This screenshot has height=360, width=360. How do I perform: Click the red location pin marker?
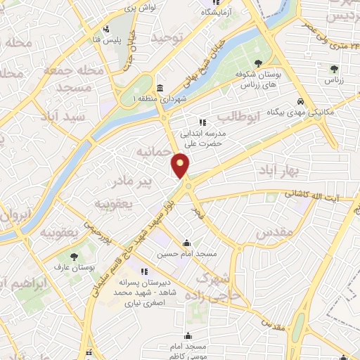[181, 166]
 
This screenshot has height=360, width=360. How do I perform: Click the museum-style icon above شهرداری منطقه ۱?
[160, 89]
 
